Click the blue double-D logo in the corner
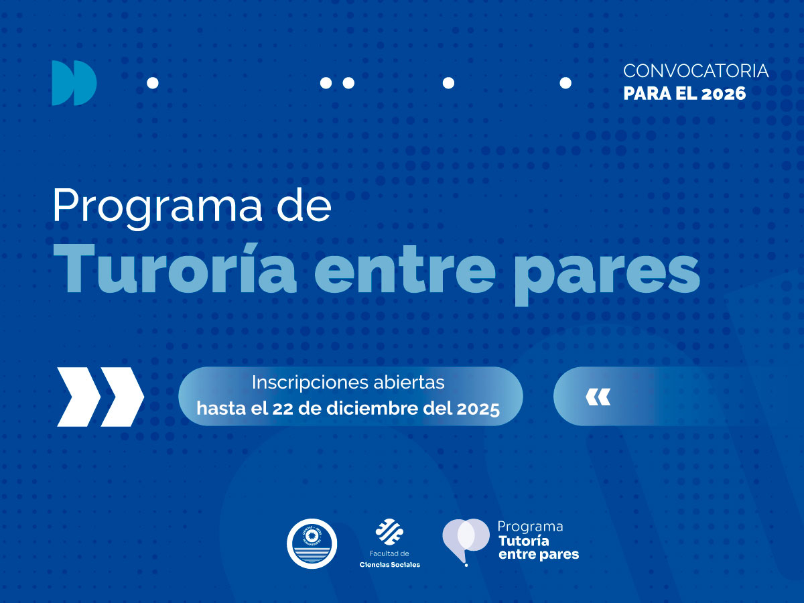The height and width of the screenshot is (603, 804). [74, 83]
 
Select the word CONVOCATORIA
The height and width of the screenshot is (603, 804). [695, 71]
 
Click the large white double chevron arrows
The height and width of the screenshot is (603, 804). [100, 397]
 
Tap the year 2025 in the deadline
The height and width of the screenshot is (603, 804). [478, 409]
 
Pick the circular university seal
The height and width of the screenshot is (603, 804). [312, 543]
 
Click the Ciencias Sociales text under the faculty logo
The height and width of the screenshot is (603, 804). [389, 564]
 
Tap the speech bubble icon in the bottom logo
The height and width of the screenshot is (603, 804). [465, 540]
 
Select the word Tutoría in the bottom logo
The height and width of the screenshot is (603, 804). [523, 541]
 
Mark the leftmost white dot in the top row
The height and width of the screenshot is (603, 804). [152, 83]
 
